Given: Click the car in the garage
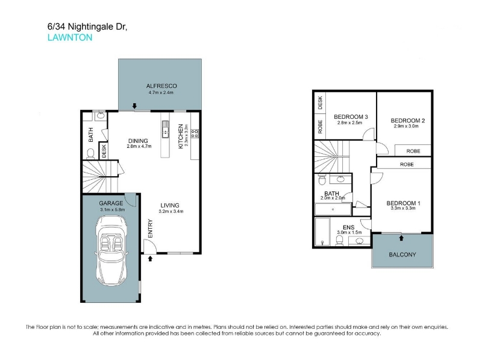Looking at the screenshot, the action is click(111, 250).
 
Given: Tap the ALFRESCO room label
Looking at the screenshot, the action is click(161, 86).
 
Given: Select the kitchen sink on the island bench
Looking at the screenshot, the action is click(165, 129).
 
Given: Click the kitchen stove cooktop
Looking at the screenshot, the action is click(195, 133).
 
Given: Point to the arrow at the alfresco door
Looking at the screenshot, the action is click(134, 106).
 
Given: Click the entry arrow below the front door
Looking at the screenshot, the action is click(150, 259).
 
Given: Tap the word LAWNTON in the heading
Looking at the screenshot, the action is click(70, 37).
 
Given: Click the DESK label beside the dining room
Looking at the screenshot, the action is click(104, 151).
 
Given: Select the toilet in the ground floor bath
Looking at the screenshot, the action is click(91, 154).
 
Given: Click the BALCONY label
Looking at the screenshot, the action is click(402, 255).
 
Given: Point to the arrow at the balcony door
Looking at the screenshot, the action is click(401, 238).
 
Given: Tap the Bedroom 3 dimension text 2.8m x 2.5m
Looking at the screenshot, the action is click(349, 122).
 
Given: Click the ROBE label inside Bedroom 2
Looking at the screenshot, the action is click(413, 151).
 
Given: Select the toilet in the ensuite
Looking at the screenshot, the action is click(339, 240).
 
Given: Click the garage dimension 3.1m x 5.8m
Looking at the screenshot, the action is click(113, 209).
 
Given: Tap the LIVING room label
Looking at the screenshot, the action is click(170, 205).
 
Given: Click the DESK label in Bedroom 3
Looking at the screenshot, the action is click(320, 103).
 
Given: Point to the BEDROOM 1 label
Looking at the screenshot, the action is click(403, 203).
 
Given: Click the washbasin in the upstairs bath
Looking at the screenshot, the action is click(340, 179).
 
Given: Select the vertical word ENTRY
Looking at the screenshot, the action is click(150, 229).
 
